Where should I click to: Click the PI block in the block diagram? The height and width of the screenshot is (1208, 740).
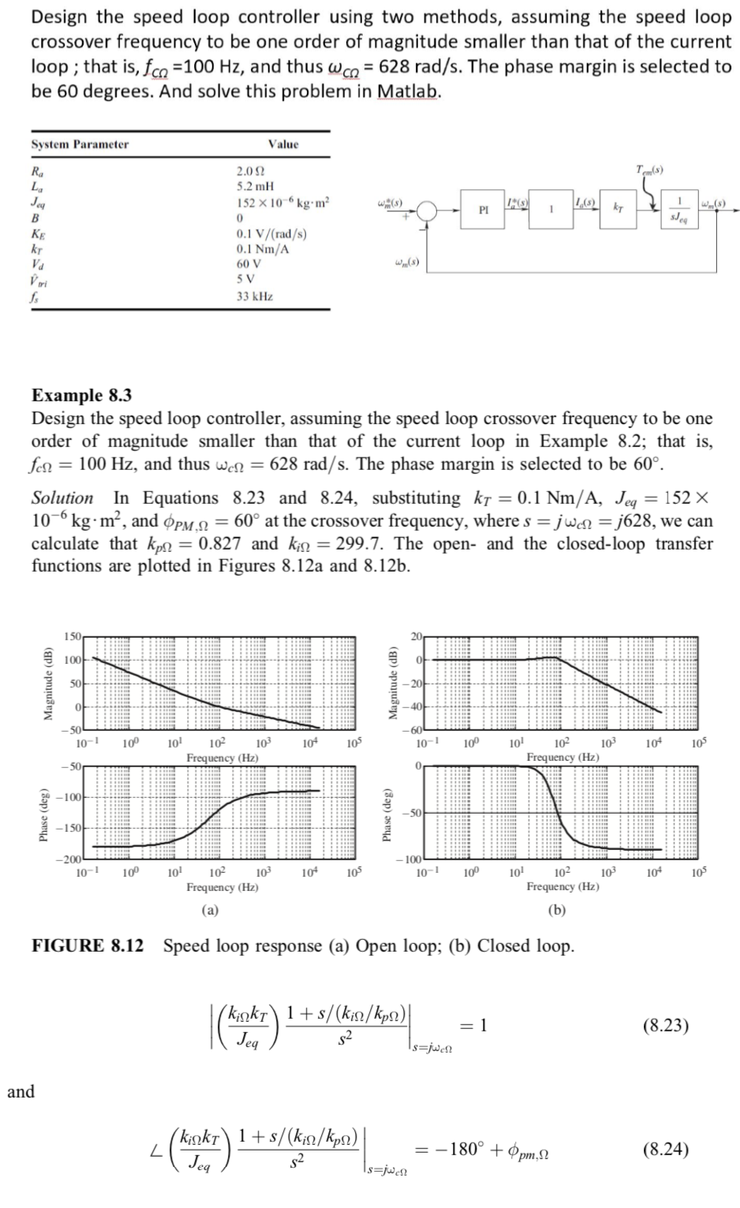(483, 211)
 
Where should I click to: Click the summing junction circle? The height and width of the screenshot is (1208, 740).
(428, 211)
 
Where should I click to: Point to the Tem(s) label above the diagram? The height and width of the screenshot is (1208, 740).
(649, 170)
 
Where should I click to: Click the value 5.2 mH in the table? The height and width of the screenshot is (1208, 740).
(256, 187)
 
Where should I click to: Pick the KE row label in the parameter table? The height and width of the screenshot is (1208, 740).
(37, 233)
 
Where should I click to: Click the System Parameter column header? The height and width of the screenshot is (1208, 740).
(80, 144)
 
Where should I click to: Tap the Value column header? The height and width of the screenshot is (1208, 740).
(283, 144)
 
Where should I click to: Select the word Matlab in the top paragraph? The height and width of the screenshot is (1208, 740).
(408, 91)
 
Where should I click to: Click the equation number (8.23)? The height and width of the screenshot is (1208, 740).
(665, 1026)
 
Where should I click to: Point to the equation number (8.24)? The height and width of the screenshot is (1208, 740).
(665, 1149)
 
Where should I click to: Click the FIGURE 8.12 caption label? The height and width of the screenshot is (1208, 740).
(88, 945)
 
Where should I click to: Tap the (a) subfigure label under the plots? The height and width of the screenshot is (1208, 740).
(210, 910)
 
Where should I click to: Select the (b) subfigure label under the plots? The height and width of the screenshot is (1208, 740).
(558, 910)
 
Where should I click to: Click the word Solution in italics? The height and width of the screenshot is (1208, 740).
(62, 498)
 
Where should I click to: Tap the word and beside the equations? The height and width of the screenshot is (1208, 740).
(21, 1091)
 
